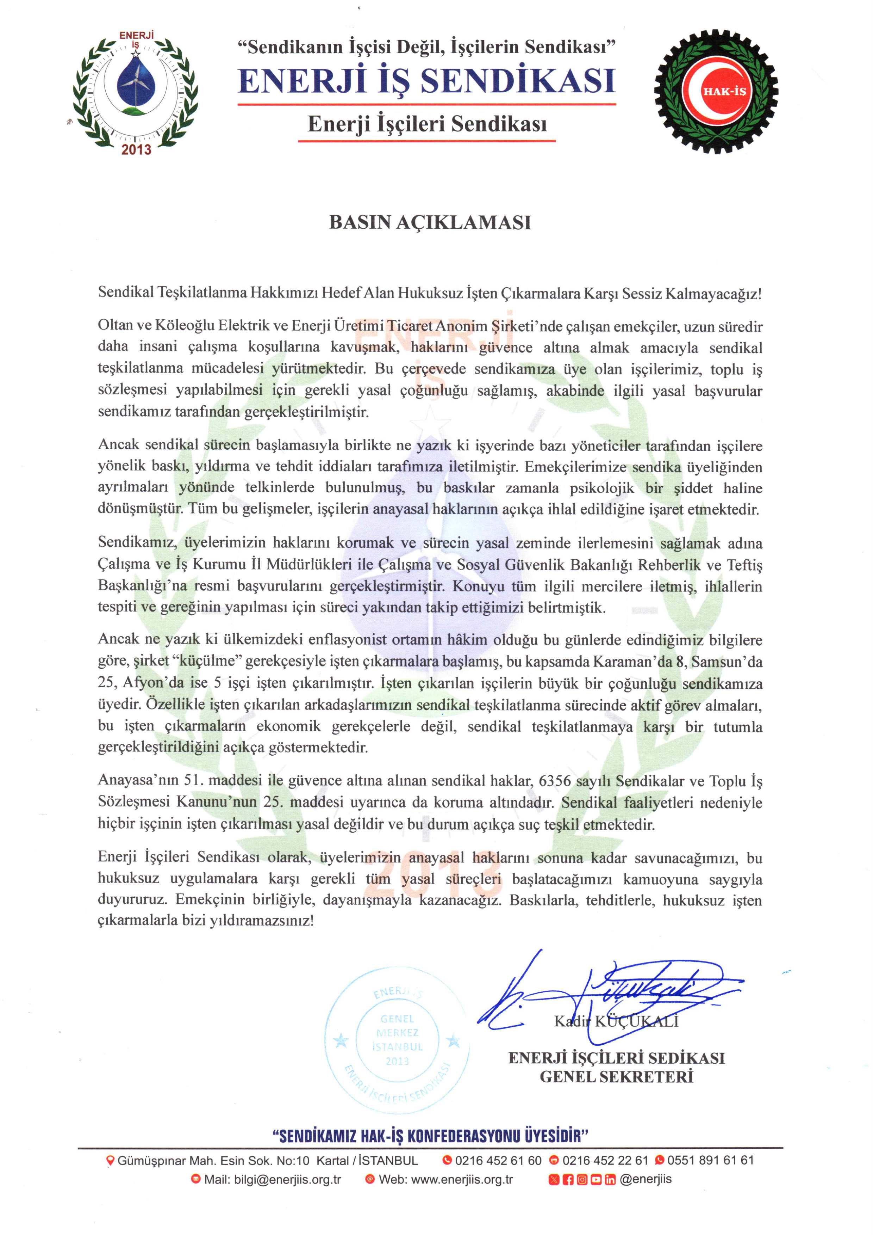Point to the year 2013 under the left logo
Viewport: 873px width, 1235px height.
(x=136, y=149)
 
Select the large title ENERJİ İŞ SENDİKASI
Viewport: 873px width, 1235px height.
(x=427, y=81)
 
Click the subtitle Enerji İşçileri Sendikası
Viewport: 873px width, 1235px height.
(x=427, y=124)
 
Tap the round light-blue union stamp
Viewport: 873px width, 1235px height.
(x=397, y=1041)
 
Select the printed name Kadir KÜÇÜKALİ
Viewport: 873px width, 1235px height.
(x=616, y=1021)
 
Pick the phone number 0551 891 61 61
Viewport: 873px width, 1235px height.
(x=710, y=1160)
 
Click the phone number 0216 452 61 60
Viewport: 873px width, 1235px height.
(x=498, y=1160)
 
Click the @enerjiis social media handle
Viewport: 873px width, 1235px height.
(x=646, y=1179)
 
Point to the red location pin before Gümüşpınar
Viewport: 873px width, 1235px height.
(x=111, y=1161)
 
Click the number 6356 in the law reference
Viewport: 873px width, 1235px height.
(x=554, y=781)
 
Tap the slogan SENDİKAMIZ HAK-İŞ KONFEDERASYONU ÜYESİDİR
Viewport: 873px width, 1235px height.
(x=430, y=1136)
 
